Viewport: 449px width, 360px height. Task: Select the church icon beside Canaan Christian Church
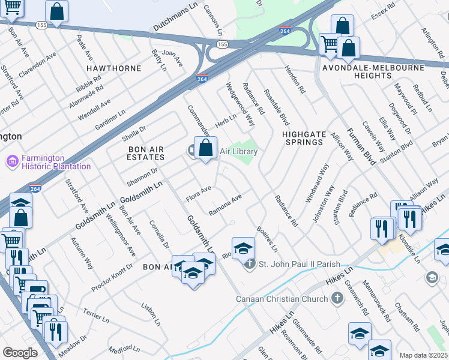337,298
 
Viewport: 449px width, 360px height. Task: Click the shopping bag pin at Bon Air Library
205,148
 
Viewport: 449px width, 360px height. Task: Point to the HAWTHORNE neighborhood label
113,68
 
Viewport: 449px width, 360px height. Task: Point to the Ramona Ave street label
225,205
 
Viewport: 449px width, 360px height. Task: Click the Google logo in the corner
20,353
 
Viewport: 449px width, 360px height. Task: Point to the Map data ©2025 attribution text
423,355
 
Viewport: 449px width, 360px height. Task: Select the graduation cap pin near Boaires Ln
243,248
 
